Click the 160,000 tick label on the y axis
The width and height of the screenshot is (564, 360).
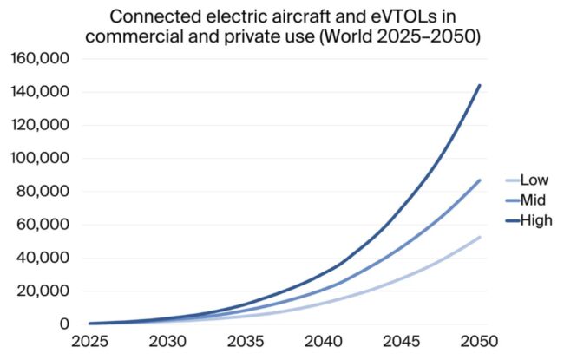point(42,59)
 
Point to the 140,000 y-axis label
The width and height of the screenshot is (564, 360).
point(42,92)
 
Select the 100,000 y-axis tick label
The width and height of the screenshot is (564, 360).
point(42,159)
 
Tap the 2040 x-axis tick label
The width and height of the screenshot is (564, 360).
point(322,344)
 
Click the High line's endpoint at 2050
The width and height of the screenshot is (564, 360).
point(479,85)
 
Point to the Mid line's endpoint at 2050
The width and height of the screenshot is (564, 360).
point(479,180)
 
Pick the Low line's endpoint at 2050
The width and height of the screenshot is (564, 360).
point(479,237)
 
